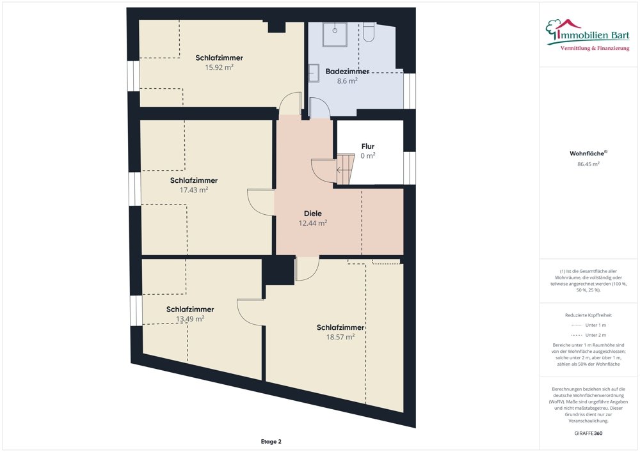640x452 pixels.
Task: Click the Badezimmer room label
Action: tap(348, 72)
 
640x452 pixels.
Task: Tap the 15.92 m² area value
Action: tap(219, 67)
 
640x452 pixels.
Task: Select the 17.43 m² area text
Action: tap(194, 190)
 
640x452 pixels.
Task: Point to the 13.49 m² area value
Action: tap(190, 319)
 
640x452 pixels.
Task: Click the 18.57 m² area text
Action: tap(340, 337)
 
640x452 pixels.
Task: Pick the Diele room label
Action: tap(313, 213)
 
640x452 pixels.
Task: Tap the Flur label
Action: tap(368, 146)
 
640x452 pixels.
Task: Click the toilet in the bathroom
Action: tap(369, 33)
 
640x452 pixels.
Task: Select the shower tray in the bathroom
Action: tap(335, 35)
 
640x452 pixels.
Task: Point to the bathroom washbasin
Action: tap(314, 73)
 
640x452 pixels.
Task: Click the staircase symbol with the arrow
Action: tap(346, 169)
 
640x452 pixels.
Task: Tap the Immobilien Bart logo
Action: tap(588, 35)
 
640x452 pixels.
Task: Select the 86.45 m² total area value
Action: tap(588, 164)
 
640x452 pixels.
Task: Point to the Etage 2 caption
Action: tap(271, 441)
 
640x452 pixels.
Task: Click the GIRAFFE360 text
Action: tap(588, 433)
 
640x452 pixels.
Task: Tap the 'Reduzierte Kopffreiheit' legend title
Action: tap(588, 315)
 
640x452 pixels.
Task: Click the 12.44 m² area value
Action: tap(313, 223)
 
